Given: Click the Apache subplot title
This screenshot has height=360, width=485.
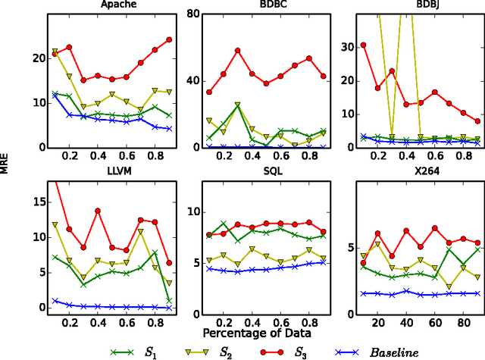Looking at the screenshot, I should pos(102,6).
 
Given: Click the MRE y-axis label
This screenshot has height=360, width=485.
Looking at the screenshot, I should pos(7,165).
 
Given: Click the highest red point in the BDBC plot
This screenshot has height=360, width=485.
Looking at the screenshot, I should pos(238,51).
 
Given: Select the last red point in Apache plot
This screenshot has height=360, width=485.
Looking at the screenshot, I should pos(169,39).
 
